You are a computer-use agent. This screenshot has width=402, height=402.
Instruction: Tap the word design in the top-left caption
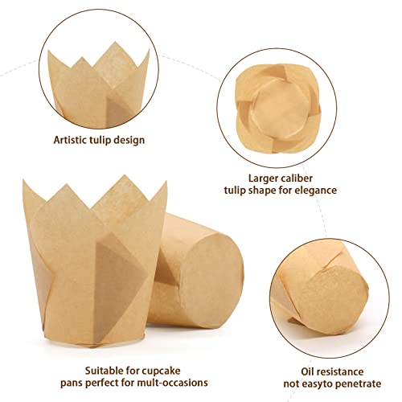127,140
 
